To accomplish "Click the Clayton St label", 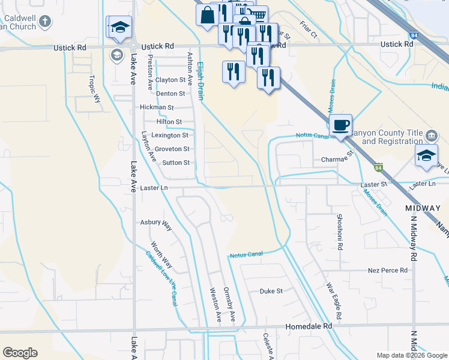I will point(170,80).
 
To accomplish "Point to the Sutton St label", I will point(176,163).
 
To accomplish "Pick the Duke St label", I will point(271,291).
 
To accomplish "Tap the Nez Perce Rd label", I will point(387,271).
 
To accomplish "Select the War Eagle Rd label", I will point(334,301).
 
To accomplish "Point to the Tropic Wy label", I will point(94,89).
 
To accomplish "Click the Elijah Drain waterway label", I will point(202,74).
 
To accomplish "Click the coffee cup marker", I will point(340,125).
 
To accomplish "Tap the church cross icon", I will point(45,23).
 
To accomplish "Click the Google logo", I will point(20,353).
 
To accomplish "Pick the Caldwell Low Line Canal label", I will point(161,278).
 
